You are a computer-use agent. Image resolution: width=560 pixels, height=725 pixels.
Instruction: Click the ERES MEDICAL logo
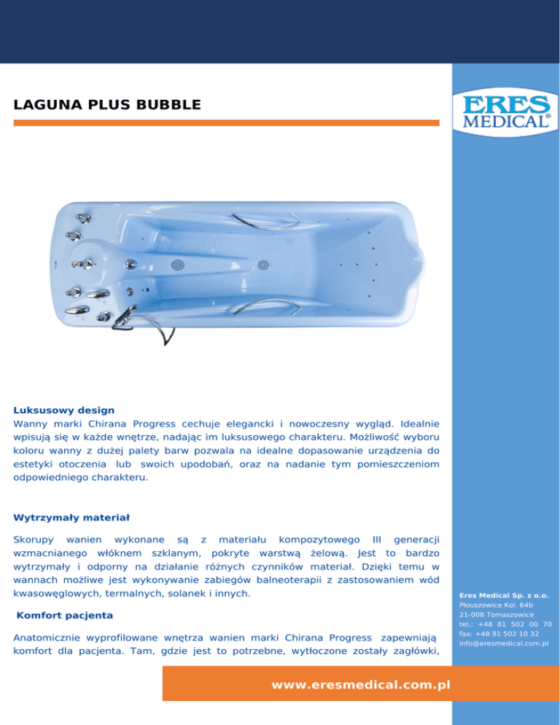click(505, 112)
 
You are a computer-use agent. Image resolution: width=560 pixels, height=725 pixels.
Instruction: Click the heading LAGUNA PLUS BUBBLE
click(106, 106)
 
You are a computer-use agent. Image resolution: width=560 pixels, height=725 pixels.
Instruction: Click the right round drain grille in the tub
click(263, 264)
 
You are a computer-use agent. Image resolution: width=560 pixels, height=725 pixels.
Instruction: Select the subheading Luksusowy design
click(63, 410)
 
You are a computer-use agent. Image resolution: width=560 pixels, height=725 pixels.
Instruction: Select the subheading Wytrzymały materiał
click(71, 518)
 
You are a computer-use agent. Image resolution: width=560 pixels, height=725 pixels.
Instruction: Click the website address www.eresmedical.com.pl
click(359, 685)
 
